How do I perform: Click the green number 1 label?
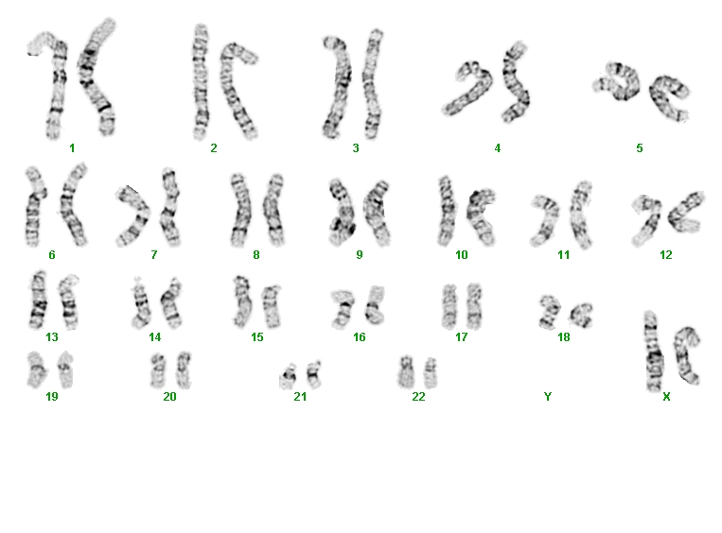[72, 148]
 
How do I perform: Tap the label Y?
[548, 396]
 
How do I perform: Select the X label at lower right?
[666, 396]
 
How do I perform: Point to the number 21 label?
[300, 396]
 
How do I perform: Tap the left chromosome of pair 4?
[467, 90]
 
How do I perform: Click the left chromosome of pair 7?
[133, 215]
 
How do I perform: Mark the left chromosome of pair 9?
[342, 212]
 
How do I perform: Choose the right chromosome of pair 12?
[684, 212]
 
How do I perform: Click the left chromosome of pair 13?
[39, 300]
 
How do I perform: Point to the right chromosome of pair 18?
[582, 315]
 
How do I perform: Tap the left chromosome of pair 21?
[290, 375]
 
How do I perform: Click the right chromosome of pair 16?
[376, 304]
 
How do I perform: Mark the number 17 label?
[462, 337]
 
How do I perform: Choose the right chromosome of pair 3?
[372, 84]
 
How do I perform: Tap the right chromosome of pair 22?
[430, 372]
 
